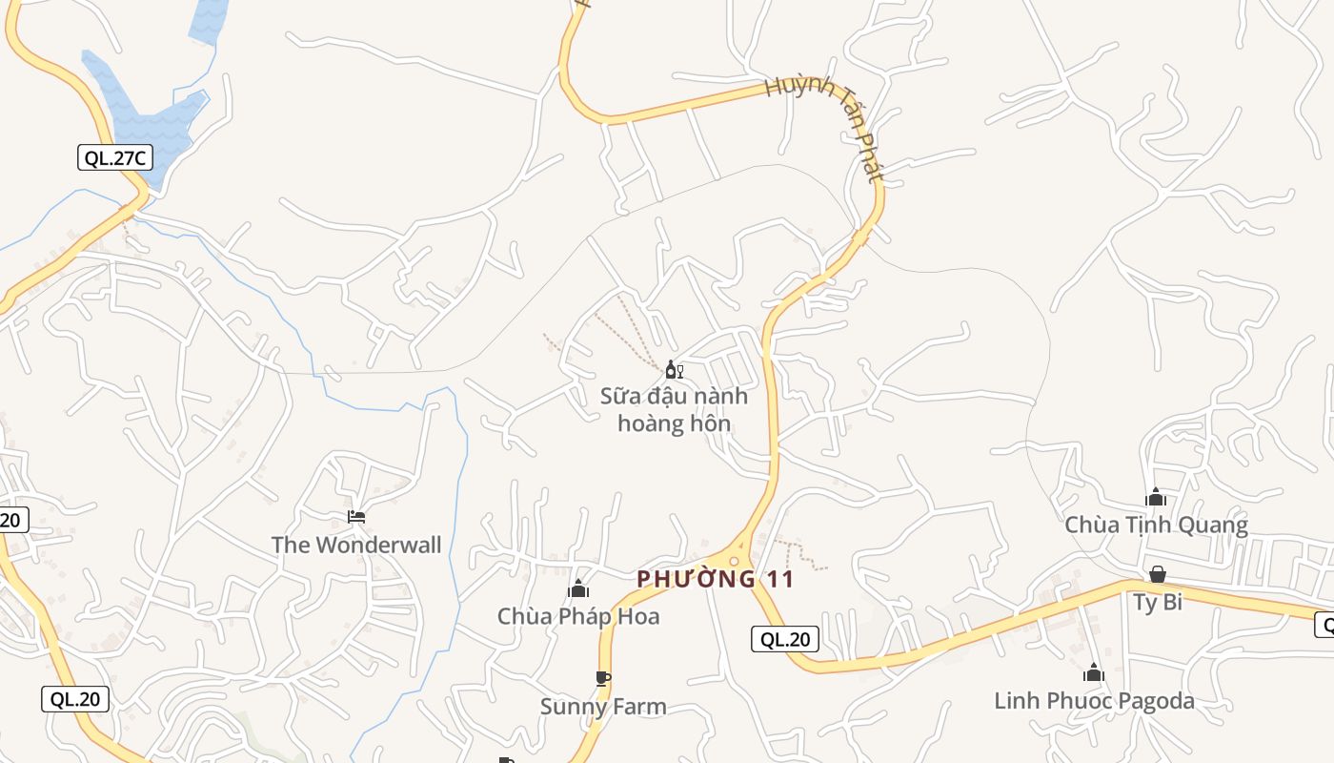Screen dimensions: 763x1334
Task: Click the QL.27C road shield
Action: [114, 157]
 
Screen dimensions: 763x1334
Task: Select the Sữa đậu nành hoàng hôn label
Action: [674, 409]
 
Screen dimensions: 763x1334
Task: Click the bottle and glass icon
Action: [674, 370]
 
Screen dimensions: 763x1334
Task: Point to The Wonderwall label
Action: [356, 545]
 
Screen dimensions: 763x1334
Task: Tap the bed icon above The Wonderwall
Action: [356, 517]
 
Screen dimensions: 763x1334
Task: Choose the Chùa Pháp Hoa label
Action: [578, 616]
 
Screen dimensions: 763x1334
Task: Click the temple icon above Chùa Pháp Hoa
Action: [578, 589]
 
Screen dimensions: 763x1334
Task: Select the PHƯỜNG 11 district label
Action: [715, 579]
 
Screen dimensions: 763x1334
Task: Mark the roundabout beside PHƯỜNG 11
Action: [734, 561]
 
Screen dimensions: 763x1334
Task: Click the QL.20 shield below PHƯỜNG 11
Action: [785, 639]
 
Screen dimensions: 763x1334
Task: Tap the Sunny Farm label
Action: [603, 707]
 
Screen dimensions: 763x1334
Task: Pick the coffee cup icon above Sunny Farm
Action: [602, 679]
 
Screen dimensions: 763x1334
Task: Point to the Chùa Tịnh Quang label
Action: [1156, 525]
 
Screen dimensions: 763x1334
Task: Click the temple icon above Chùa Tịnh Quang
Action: [1156, 497]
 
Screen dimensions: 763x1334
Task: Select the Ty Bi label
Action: [1158, 602]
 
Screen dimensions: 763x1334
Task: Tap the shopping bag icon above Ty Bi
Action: [1157, 574]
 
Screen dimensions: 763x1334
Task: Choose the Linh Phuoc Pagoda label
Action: [1094, 701]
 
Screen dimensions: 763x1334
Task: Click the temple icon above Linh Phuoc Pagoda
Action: [1094, 673]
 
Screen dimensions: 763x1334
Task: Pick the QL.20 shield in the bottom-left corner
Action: [75, 699]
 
